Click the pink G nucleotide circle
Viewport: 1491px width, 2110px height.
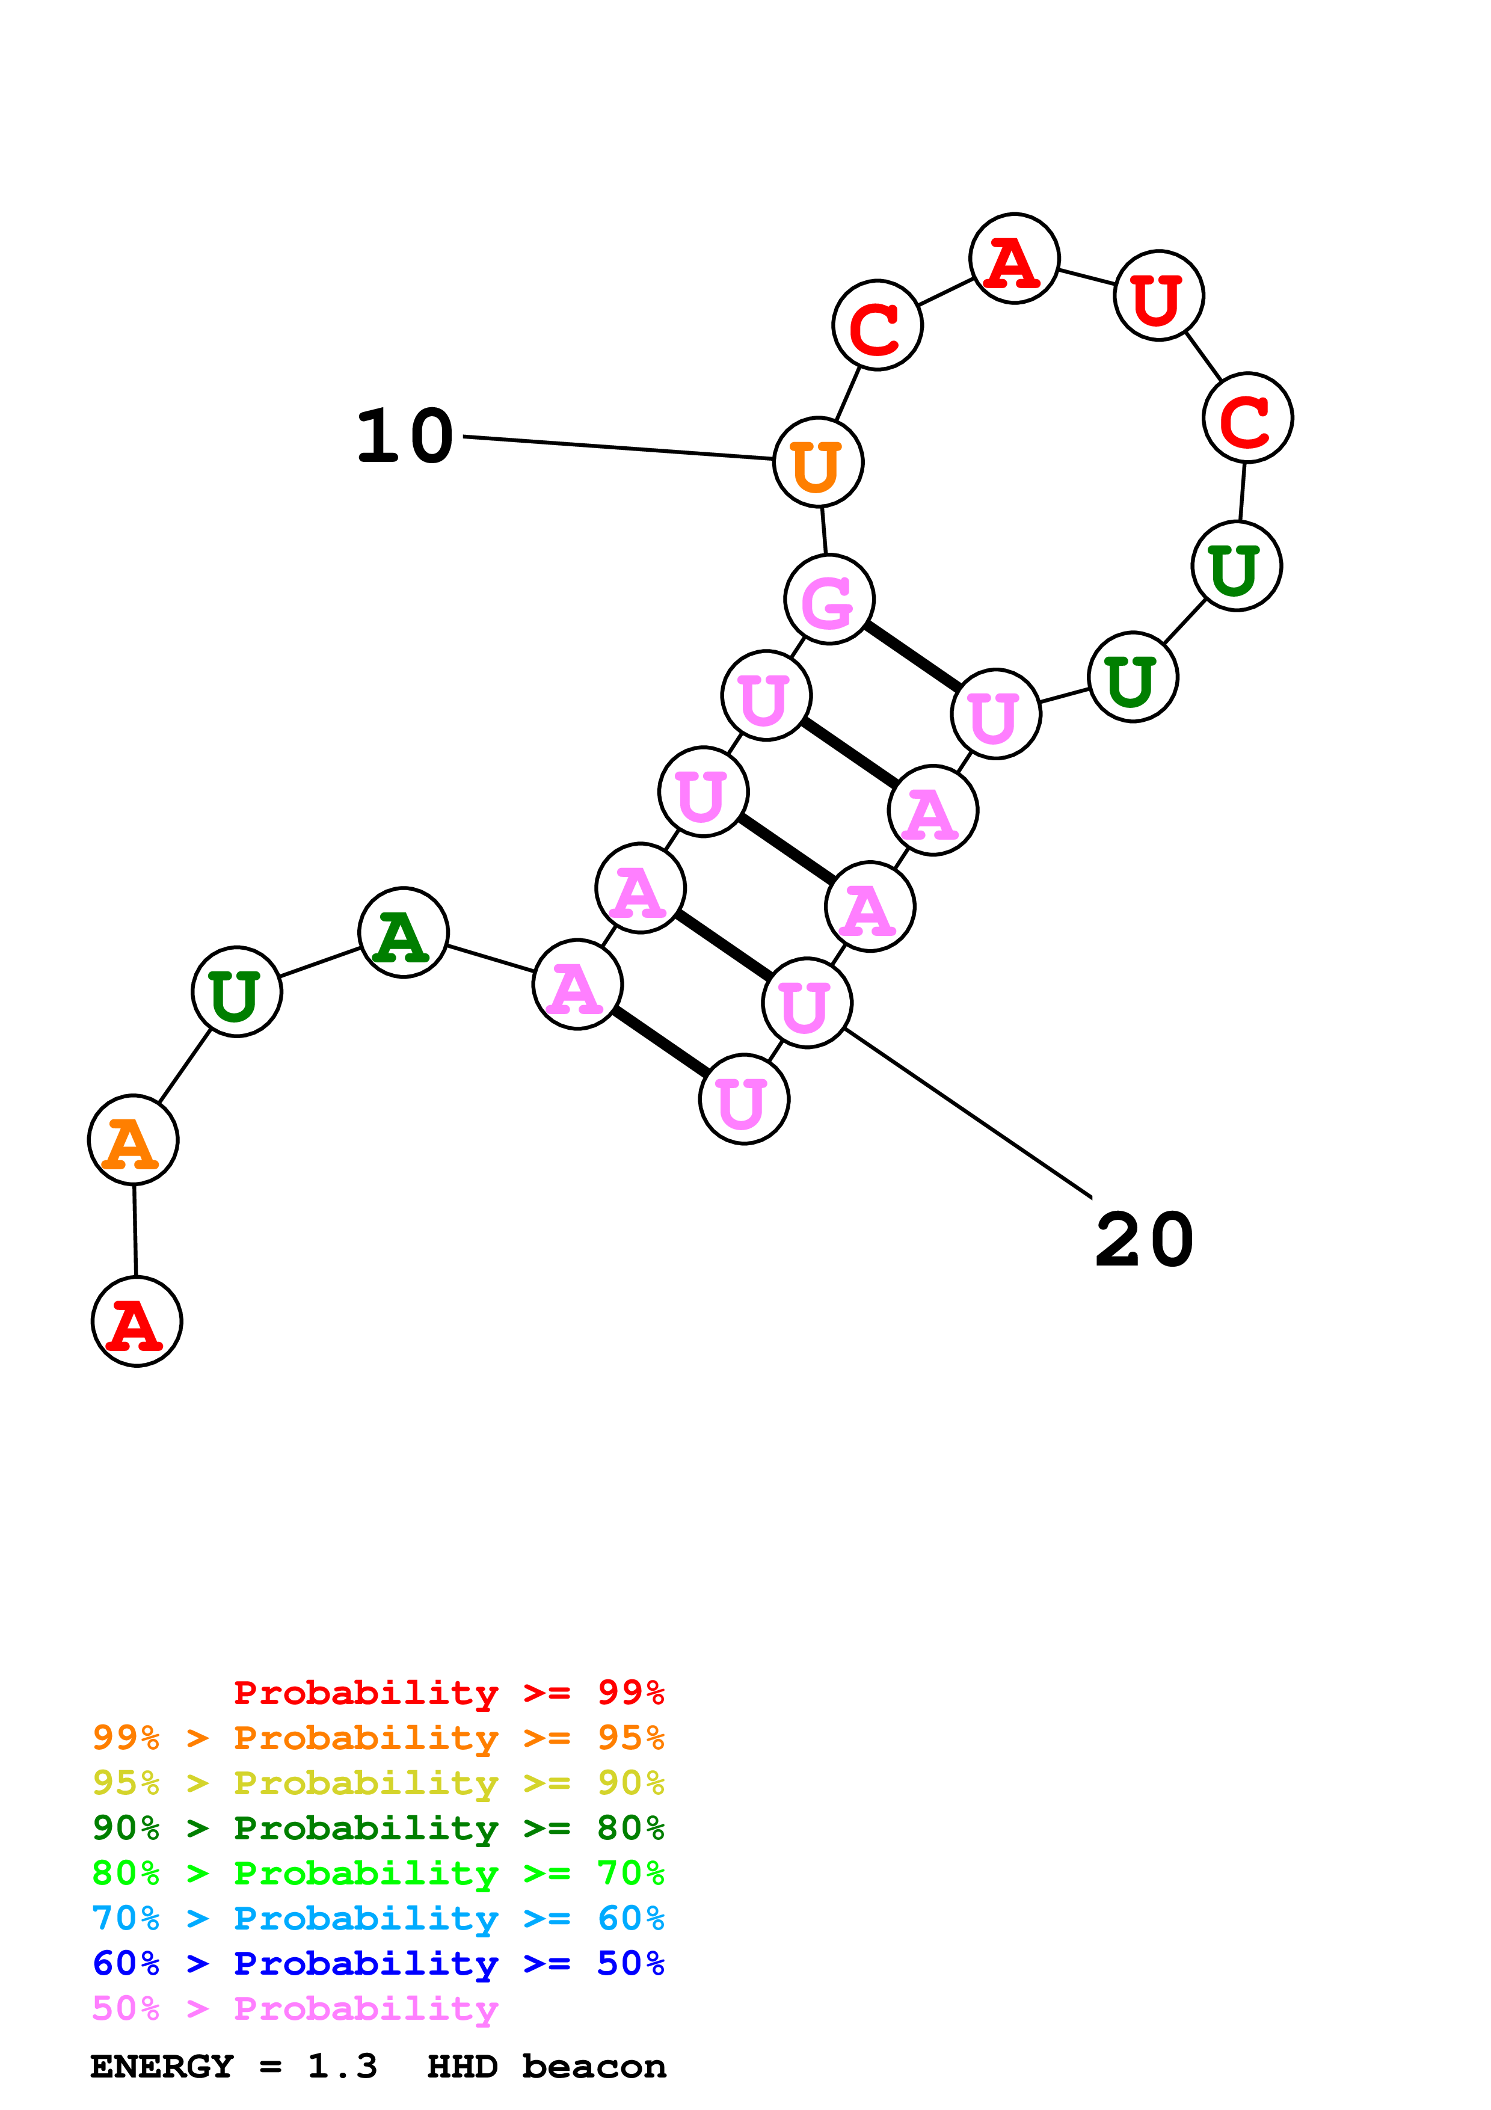pyautogui.click(x=829, y=599)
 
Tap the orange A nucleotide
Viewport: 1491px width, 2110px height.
pyautogui.click(x=133, y=1140)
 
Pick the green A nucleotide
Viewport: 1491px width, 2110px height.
pyautogui.click(x=404, y=933)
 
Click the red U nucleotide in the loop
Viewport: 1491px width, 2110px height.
pyautogui.click(x=1158, y=296)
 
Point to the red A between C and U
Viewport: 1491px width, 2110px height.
pyautogui.click(x=1014, y=259)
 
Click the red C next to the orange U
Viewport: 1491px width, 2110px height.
pyautogui.click(x=878, y=325)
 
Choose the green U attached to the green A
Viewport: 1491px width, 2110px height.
pyautogui.click(x=237, y=992)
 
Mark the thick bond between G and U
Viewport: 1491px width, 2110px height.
pyautogui.click(x=913, y=656)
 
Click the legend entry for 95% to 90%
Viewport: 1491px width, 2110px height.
pyautogui.click(x=378, y=1783)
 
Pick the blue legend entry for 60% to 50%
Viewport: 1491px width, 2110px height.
pyautogui.click(x=378, y=1963)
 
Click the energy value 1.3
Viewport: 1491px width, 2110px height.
pyautogui.click(x=342, y=2066)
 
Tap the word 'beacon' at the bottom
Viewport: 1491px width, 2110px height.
pyautogui.click(x=594, y=2066)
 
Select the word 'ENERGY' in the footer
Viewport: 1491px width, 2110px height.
pyautogui.click(x=162, y=2066)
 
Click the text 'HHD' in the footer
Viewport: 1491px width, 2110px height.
pyautogui.click(x=462, y=2066)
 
